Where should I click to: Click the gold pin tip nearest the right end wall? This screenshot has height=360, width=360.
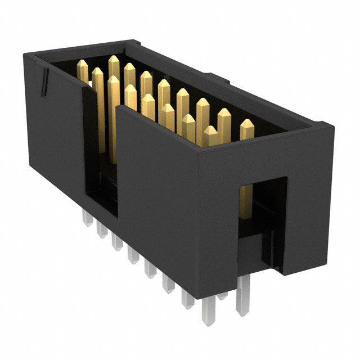click(247, 125)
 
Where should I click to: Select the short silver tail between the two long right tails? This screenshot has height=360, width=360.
click(223, 292)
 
